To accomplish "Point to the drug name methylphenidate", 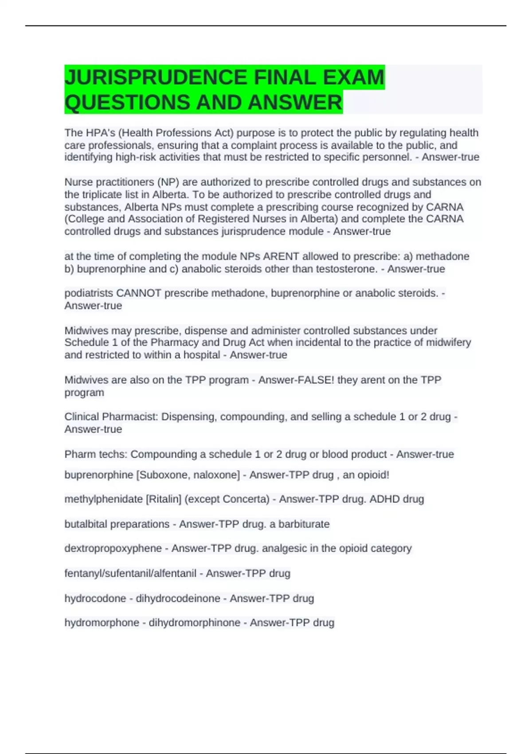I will click(x=104, y=499).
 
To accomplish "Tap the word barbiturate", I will click(x=304, y=524).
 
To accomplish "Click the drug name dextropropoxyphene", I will click(x=113, y=549).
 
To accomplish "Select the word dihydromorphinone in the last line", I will click(x=194, y=623).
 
